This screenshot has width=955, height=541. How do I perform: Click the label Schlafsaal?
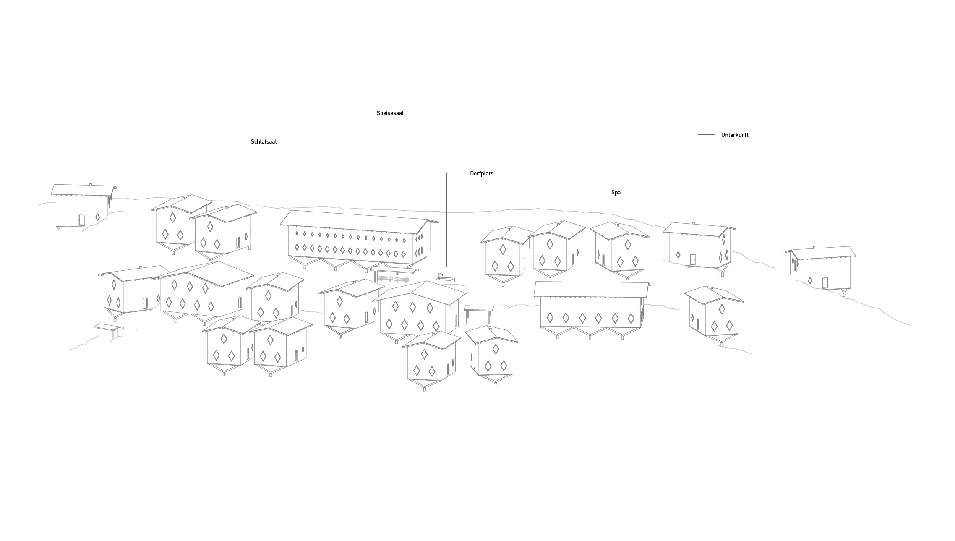pyautogui.click(x=264, y=142)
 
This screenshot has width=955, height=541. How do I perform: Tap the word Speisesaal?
pyautogui.click(x=390, y=113)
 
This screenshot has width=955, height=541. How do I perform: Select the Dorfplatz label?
pyautogui.click(x=481, y=174)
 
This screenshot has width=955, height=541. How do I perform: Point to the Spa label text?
pyautogui.click(x=616, y=193)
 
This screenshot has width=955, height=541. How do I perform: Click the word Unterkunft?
pyautogui.click(x=734, y=135)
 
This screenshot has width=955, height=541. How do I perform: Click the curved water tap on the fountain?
pyautogui.click(x=440, y=275)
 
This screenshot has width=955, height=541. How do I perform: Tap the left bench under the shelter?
pyautogui.click(x=385, y=279)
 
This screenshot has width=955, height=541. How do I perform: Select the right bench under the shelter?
pyautogui.click(x=402, y=280)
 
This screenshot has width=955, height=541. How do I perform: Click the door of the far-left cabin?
pyautogui.click(x=81, y=220)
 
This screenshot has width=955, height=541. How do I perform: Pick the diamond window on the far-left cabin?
pyautogui.click(x=97, y=217)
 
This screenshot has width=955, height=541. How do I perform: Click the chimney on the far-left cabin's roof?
pyautogui.click(x=91, y=184)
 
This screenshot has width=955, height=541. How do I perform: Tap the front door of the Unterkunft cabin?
pyautogui.click(x=692, y=259)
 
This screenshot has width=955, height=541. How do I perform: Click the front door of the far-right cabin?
pyautogui.click(x=825, y=283)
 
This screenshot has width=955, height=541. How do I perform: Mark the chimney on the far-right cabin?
pyautogui.click(x=814, y=248)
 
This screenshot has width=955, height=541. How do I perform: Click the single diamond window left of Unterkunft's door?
pyautogui.click(x=678, y=255)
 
